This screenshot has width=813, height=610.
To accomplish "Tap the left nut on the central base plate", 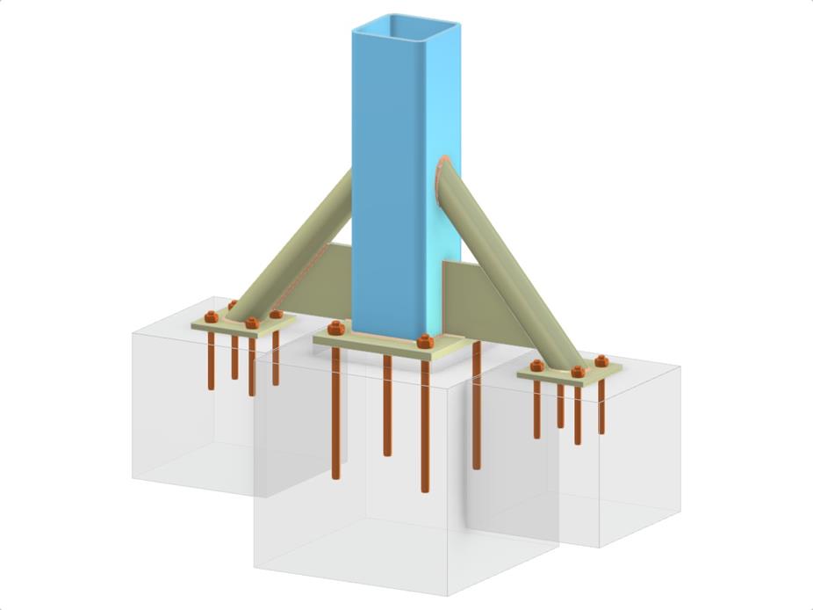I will click(335, 329).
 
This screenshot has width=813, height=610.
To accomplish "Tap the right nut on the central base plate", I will click(425, 341).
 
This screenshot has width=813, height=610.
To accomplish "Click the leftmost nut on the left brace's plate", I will click(210, 316).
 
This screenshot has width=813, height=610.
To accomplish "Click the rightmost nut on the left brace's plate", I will click(276, 313).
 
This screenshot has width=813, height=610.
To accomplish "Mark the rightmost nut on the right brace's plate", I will click(601, 360).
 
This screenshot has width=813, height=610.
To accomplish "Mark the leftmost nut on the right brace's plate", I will click(536, 365).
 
